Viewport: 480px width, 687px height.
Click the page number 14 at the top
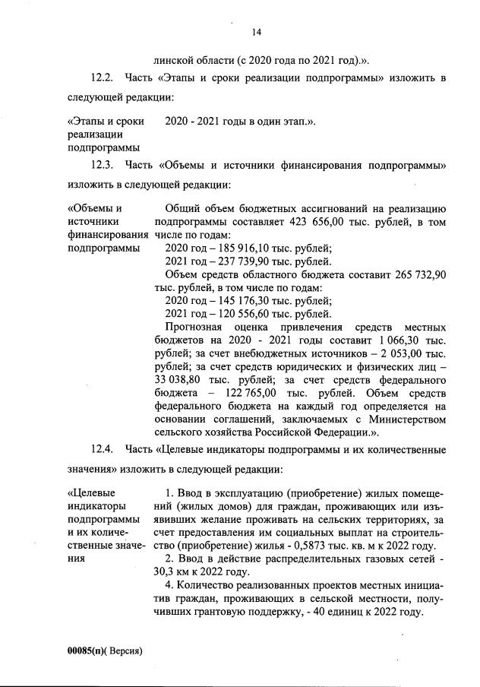click(x=257, y=32)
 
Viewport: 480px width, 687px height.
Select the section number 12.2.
click(x=102, y=79)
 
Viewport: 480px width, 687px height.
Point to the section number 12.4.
click(x=102, y=451)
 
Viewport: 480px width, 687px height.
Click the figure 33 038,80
click(x=182, y=379)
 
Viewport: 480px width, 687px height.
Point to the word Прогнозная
click(x=194, y=327)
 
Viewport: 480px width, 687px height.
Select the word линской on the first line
click(x=173, y=59)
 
